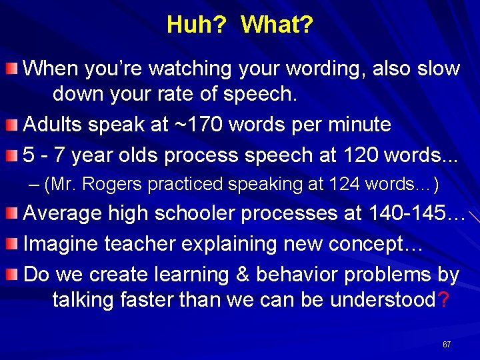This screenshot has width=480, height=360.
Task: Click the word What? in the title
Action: (x=277, y=25)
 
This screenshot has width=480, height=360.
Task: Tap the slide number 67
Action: (x=447, y=345)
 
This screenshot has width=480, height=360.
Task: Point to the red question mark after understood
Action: (x=443, y=300)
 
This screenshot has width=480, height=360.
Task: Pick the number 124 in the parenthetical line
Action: (x=343, y=184)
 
